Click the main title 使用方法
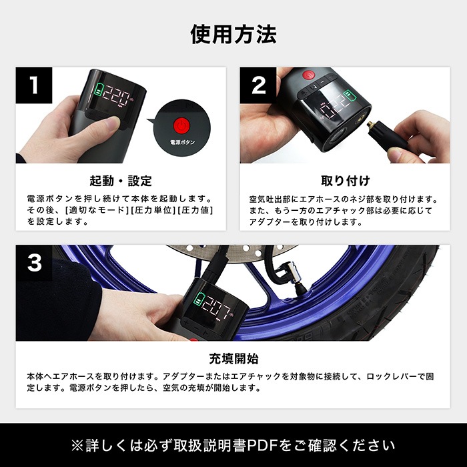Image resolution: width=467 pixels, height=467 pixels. click(233, 34)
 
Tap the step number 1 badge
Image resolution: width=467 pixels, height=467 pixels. click(34, 85)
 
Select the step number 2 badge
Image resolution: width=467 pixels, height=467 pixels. click(258, 85)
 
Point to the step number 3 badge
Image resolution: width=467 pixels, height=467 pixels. click(34, 263)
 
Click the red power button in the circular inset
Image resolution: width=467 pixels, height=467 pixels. click(182, 126)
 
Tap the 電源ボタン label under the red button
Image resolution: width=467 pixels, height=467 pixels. click(182, 142)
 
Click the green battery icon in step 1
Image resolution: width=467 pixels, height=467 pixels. click(98, 89)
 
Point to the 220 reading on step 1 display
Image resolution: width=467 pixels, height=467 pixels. click(117, 95)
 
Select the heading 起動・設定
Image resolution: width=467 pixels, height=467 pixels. click(121, 181)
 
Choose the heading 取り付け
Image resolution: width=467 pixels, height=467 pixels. click(345, 181)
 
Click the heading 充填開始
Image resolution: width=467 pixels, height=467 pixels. click(233, 359)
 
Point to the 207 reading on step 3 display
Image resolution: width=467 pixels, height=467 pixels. click(215, 307)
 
